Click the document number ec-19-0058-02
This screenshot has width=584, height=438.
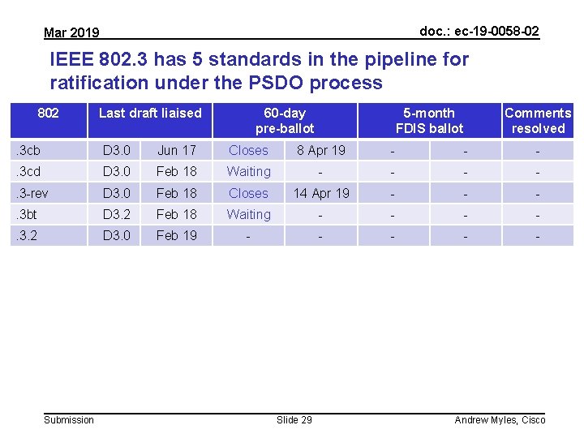click(479, 31)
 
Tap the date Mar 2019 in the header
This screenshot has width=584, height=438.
click(71, 32)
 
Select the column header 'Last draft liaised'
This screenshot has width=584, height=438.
click(150, 113)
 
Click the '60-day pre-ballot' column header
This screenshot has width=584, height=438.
click(285, 120)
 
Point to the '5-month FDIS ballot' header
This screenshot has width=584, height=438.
click(429, 120)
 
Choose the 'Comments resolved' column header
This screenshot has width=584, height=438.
click(538, 120)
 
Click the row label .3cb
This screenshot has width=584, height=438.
click(28, 150)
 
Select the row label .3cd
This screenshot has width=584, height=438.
click(28, 171)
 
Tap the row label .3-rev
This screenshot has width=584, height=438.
click(32, 193)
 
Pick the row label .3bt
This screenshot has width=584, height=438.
click(28, 214)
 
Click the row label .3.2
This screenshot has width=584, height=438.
click(28, 235)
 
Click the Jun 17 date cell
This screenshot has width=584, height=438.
click(177, 150)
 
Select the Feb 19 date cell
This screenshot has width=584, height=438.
click(177, 235)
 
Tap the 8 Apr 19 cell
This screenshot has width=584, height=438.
click(321, 150)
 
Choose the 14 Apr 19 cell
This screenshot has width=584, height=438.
click(321, 193)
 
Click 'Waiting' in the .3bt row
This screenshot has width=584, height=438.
click(249, 214)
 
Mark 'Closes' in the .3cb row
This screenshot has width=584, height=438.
click(248, 150)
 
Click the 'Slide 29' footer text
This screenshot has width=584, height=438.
click(294, 419)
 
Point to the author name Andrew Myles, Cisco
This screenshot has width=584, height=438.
click(500, 419)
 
